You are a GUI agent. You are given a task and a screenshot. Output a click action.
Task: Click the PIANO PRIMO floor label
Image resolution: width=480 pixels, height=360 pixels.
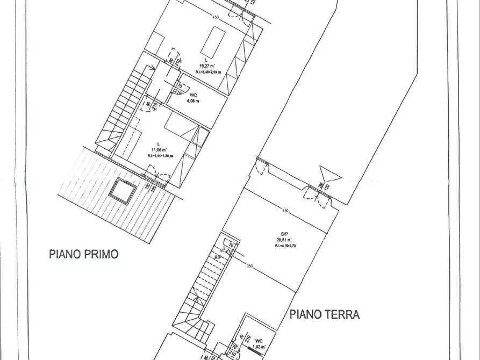click(x=83, y=254)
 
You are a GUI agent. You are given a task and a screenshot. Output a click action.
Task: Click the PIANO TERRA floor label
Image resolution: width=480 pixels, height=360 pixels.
click(x=325, y=314)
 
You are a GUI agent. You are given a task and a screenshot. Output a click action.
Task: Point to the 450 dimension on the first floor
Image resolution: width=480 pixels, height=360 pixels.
click(x=216, y=18)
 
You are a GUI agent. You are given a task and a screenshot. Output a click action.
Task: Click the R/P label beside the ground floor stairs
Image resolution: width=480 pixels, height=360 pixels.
click(x=219, y=257)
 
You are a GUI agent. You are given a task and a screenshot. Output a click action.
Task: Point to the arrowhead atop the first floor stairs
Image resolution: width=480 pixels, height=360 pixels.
click(x=154, y=68)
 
